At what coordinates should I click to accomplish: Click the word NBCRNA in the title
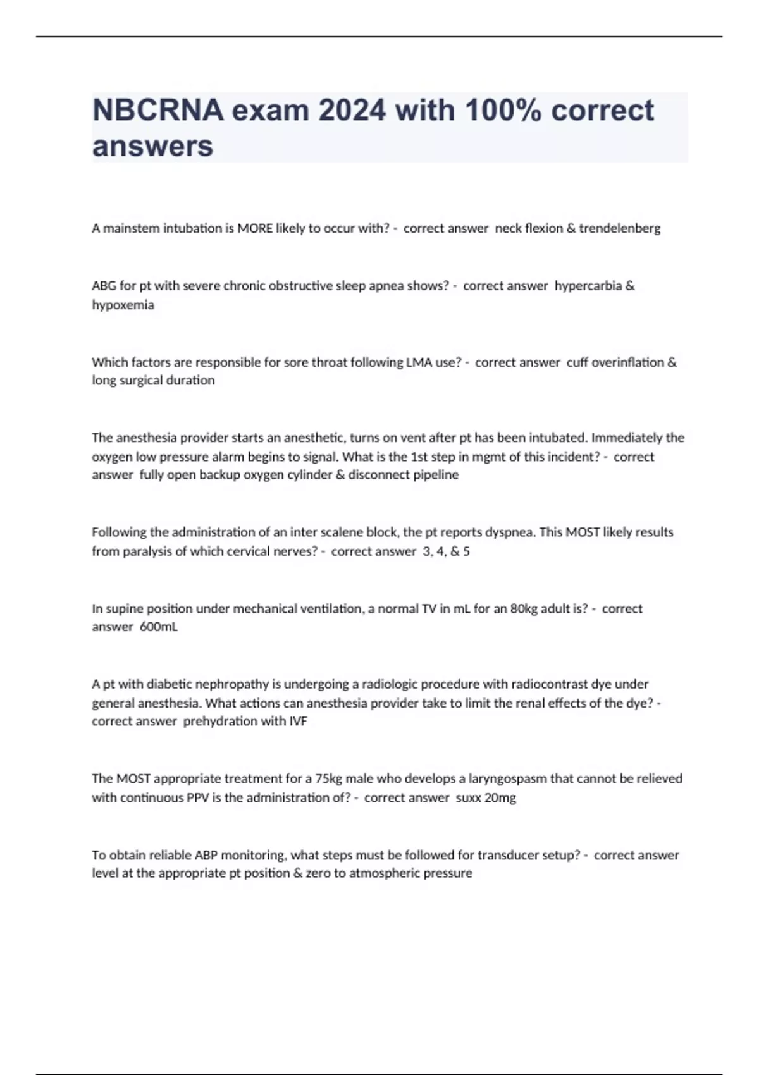pyautogui.click(x=157, y=111)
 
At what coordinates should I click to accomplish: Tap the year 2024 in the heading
pyautogui.click(x=352, y=111)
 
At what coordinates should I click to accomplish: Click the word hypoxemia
pyautogui.click(x=123, y=305)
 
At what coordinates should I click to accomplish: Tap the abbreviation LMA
pyautogui.click(x=419, y=362)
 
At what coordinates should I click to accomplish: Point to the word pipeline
pyautogui.click(x=436, y=475)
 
